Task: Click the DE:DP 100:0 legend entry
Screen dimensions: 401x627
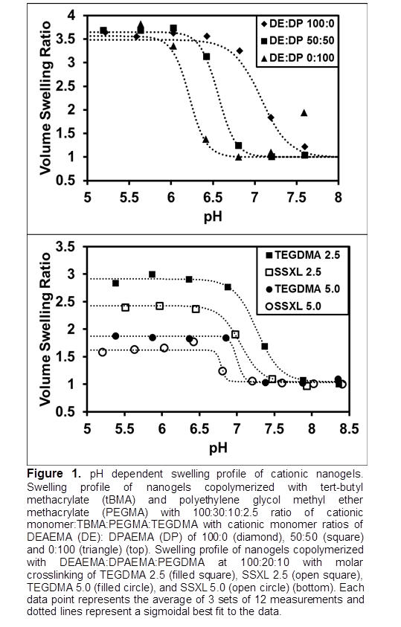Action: point(298,24)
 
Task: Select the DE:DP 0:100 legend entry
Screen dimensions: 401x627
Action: point(298,57)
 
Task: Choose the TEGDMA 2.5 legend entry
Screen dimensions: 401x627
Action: point(303,255)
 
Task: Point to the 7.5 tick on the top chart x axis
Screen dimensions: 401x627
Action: point(296,198)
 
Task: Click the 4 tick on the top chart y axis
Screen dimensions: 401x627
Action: point(71,16)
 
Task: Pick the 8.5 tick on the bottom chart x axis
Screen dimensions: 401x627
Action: point(349,428)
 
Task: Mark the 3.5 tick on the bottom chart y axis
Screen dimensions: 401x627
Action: point(65,246)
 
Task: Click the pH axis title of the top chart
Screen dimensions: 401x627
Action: point(213,217)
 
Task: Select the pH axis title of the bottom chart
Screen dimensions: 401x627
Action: point(218,448)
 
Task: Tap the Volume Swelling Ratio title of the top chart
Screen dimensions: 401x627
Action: point(45,98)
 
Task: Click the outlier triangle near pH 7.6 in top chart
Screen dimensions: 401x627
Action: point(304,113)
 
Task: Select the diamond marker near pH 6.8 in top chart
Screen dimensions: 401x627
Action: point(240,51)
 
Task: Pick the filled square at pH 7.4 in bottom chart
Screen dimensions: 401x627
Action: point(265,347)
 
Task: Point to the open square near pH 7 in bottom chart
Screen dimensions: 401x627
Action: point(236,334)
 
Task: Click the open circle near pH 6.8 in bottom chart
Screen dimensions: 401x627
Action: point(222,371)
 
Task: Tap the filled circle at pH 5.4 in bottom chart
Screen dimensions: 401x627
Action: point(115,336)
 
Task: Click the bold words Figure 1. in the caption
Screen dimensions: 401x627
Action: point(54,475)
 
